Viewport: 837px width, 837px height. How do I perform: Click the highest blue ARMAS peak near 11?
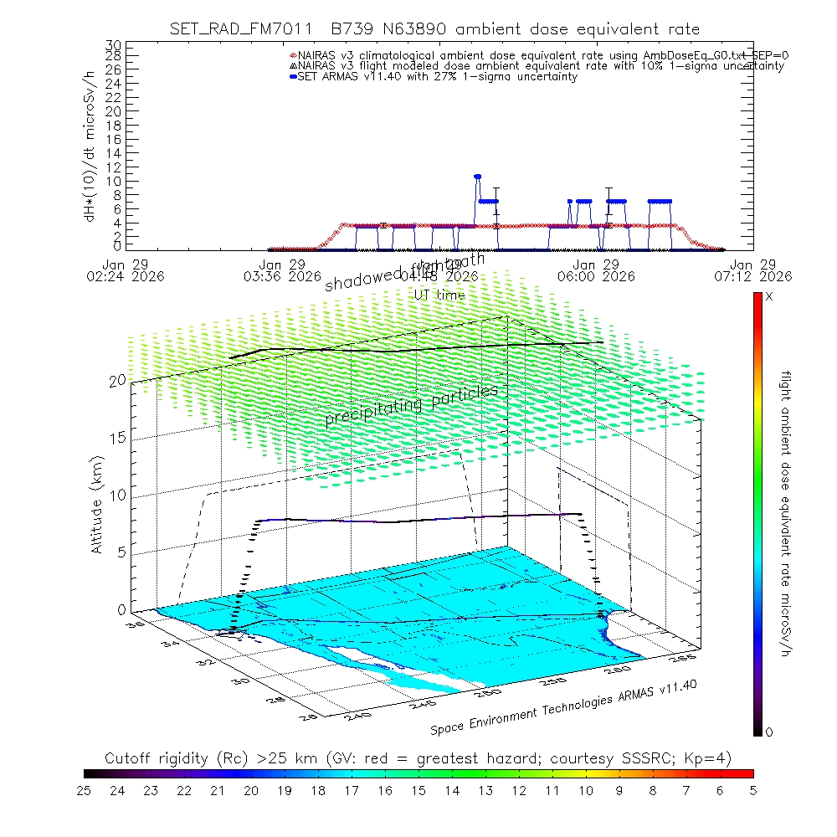(477, 176)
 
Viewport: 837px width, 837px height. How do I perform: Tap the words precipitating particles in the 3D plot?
(411, 403)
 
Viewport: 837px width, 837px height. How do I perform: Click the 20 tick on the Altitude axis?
(117, 380)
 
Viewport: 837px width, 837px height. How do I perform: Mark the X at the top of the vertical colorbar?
(769, 297)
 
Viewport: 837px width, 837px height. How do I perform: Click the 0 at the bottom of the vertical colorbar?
(769, 732)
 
